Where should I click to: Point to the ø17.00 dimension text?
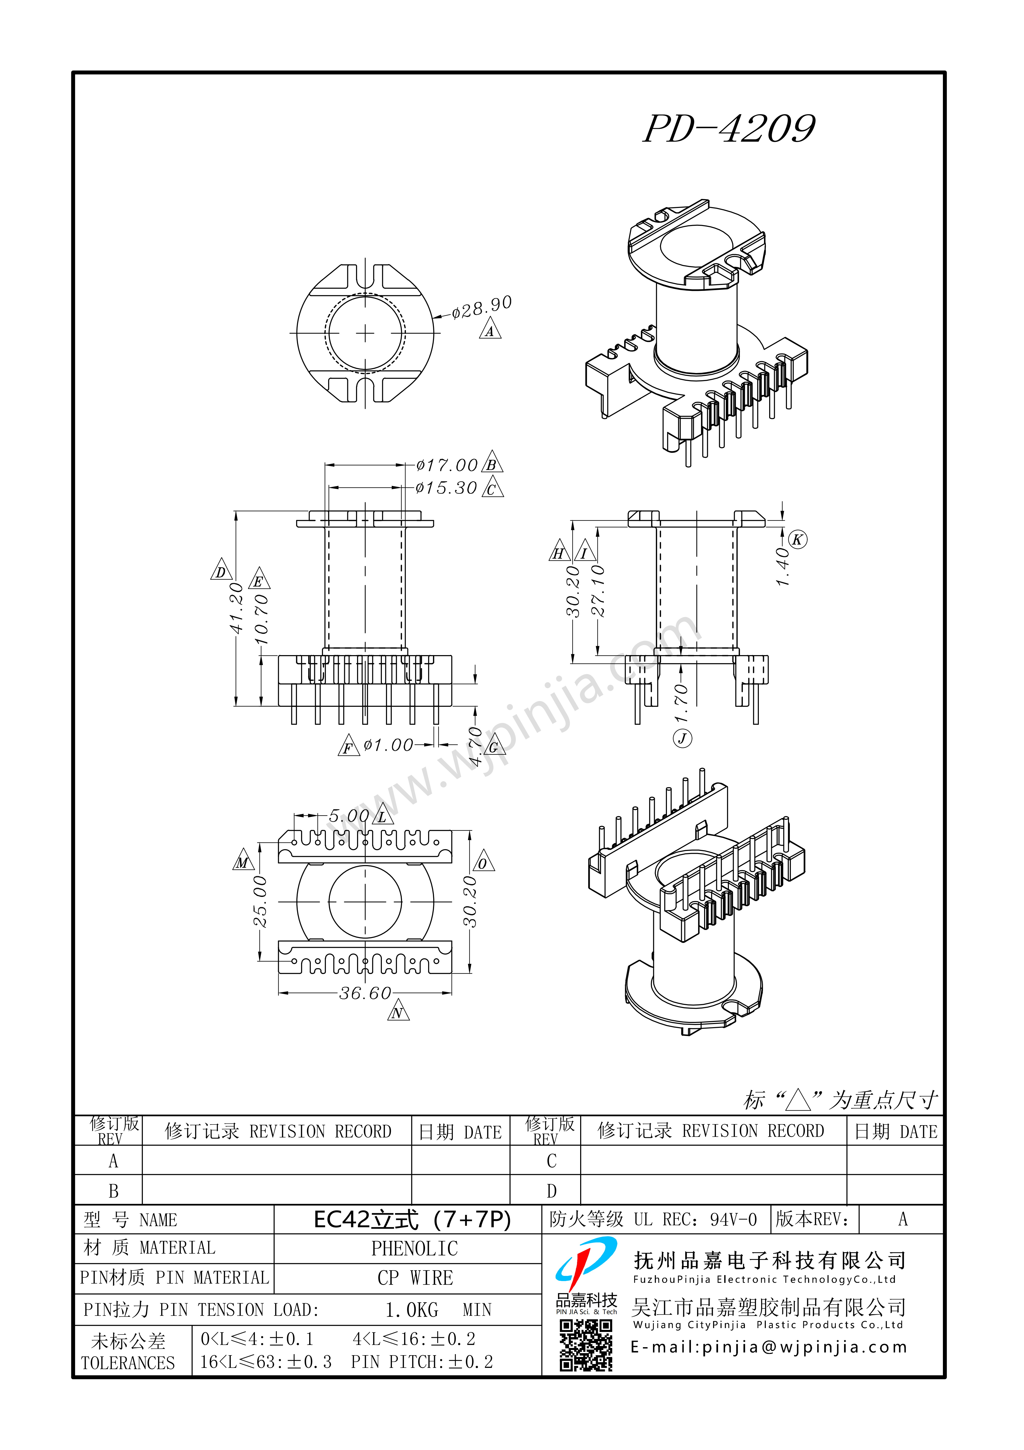447,466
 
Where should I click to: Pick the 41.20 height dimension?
236,608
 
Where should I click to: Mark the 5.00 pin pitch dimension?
349,816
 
